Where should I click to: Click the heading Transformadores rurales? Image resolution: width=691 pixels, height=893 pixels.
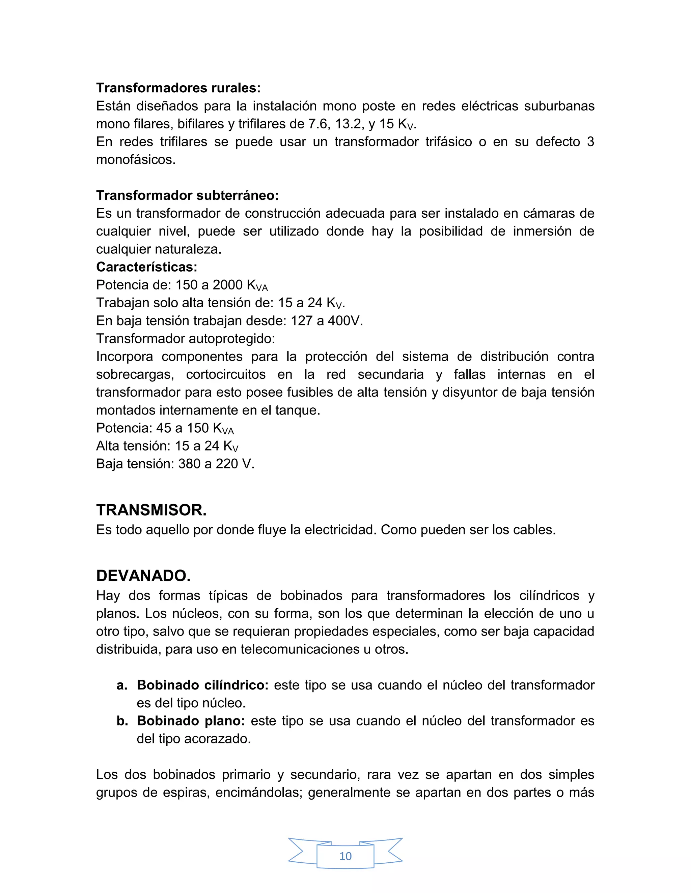[x=178, y=88]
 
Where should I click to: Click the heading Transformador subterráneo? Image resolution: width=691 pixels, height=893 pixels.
[x=187, y=195]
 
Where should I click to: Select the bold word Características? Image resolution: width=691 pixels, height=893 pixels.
[x=146, y=267]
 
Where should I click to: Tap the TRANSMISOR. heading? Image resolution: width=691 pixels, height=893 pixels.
[x=151, y=510]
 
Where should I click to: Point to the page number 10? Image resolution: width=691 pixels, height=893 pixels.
[x=345, y=856]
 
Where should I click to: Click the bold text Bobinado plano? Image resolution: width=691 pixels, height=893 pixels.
[x=190, y=721]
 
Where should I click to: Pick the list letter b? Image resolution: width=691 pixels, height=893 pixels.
[x=122, y=721]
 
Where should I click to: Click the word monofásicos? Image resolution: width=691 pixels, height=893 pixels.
[x=136, y=160]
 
